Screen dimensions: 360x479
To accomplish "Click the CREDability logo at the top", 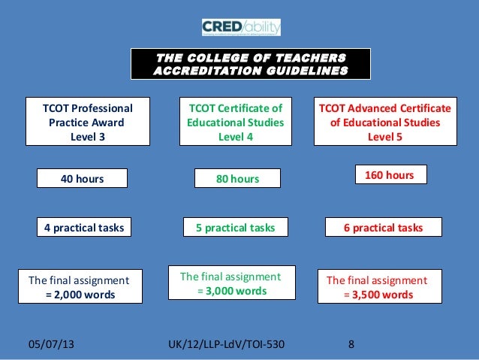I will pyautogui.click(x=240, y=28).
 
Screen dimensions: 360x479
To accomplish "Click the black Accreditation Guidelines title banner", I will pyautogui.click(x=251, y=65).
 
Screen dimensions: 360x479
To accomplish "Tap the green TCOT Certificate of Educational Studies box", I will pyautogui.click(x=235, y=122).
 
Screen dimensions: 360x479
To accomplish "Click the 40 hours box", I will pyautogui.click(x=83, y=178).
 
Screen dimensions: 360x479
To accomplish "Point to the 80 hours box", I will pyautogui.click(x=236, y=179).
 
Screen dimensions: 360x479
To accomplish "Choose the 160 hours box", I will pyautogui.click(x=389, y=175).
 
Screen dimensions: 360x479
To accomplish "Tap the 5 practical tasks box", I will pyautogui.click(x=235, y=227).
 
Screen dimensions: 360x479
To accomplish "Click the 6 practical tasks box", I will pyautogui.click(x=383, y=227).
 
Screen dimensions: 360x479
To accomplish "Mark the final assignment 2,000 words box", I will pyautogui.click(x=80, y=287).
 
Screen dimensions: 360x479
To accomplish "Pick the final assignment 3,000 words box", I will pyautogui.click(x=231, y=283).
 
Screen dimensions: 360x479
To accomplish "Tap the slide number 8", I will pyautogui.click(x=351, y=346).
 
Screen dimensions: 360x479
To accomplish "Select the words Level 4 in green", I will pyautogui.click(x=235, y=137).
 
